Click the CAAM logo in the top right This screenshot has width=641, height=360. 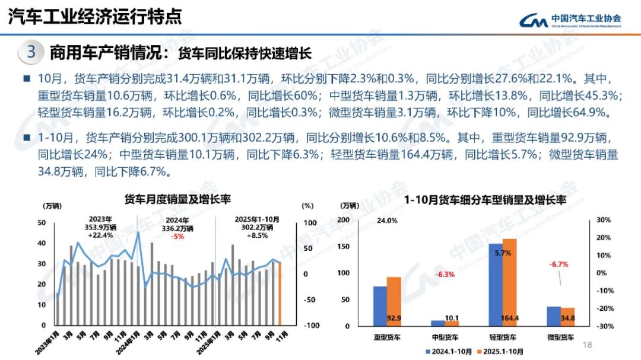pos(570,20)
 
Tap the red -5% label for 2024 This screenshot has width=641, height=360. pos(177,236)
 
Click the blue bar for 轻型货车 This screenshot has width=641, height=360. pos(496,285)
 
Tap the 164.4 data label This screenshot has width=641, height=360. pos(510,318)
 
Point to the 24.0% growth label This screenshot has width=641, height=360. pos(387,221)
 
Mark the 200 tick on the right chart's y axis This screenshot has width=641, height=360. pos(344,220)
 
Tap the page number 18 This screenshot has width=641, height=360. pos(589,345)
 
